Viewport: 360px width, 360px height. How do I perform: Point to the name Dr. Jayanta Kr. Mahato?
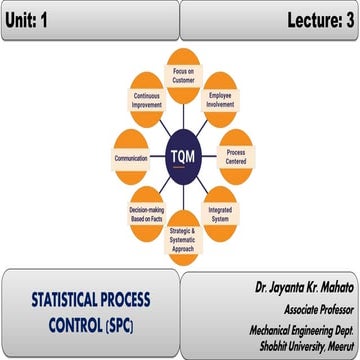299,288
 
